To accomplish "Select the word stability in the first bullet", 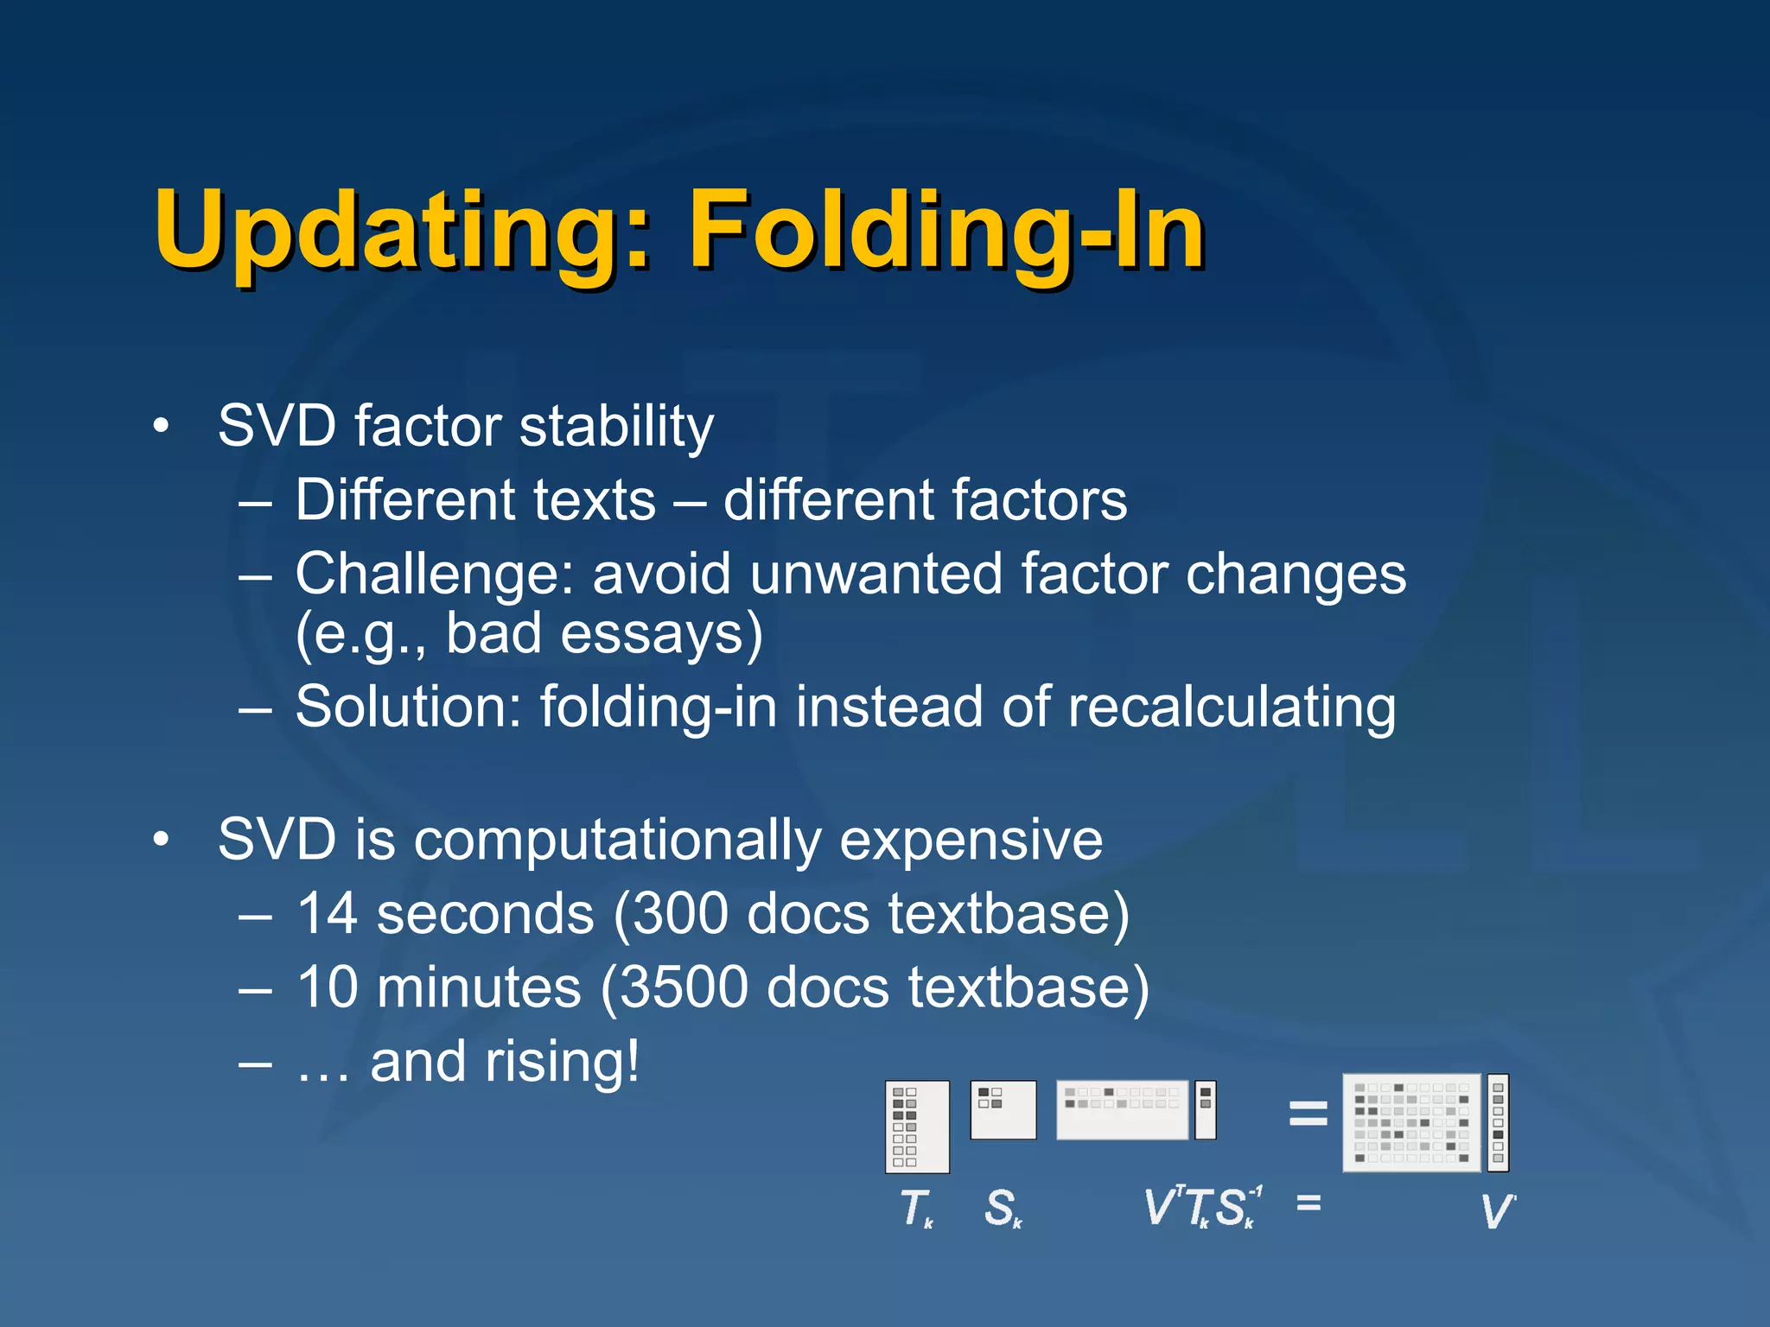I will tap(617, 427).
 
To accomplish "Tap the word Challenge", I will tap(428, 575).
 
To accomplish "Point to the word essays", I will tap(661, 634).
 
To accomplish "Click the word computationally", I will tap(618, 841).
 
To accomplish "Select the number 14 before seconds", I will tap(327, 914).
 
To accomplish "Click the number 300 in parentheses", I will tap(682, 914).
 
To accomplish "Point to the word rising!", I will tap(563, 1062).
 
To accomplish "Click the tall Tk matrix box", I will tap(917, 1126).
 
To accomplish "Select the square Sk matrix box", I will tap(1003, 1109).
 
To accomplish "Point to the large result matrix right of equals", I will tap(1410, 1122).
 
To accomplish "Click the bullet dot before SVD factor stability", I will tap(160, 427).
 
